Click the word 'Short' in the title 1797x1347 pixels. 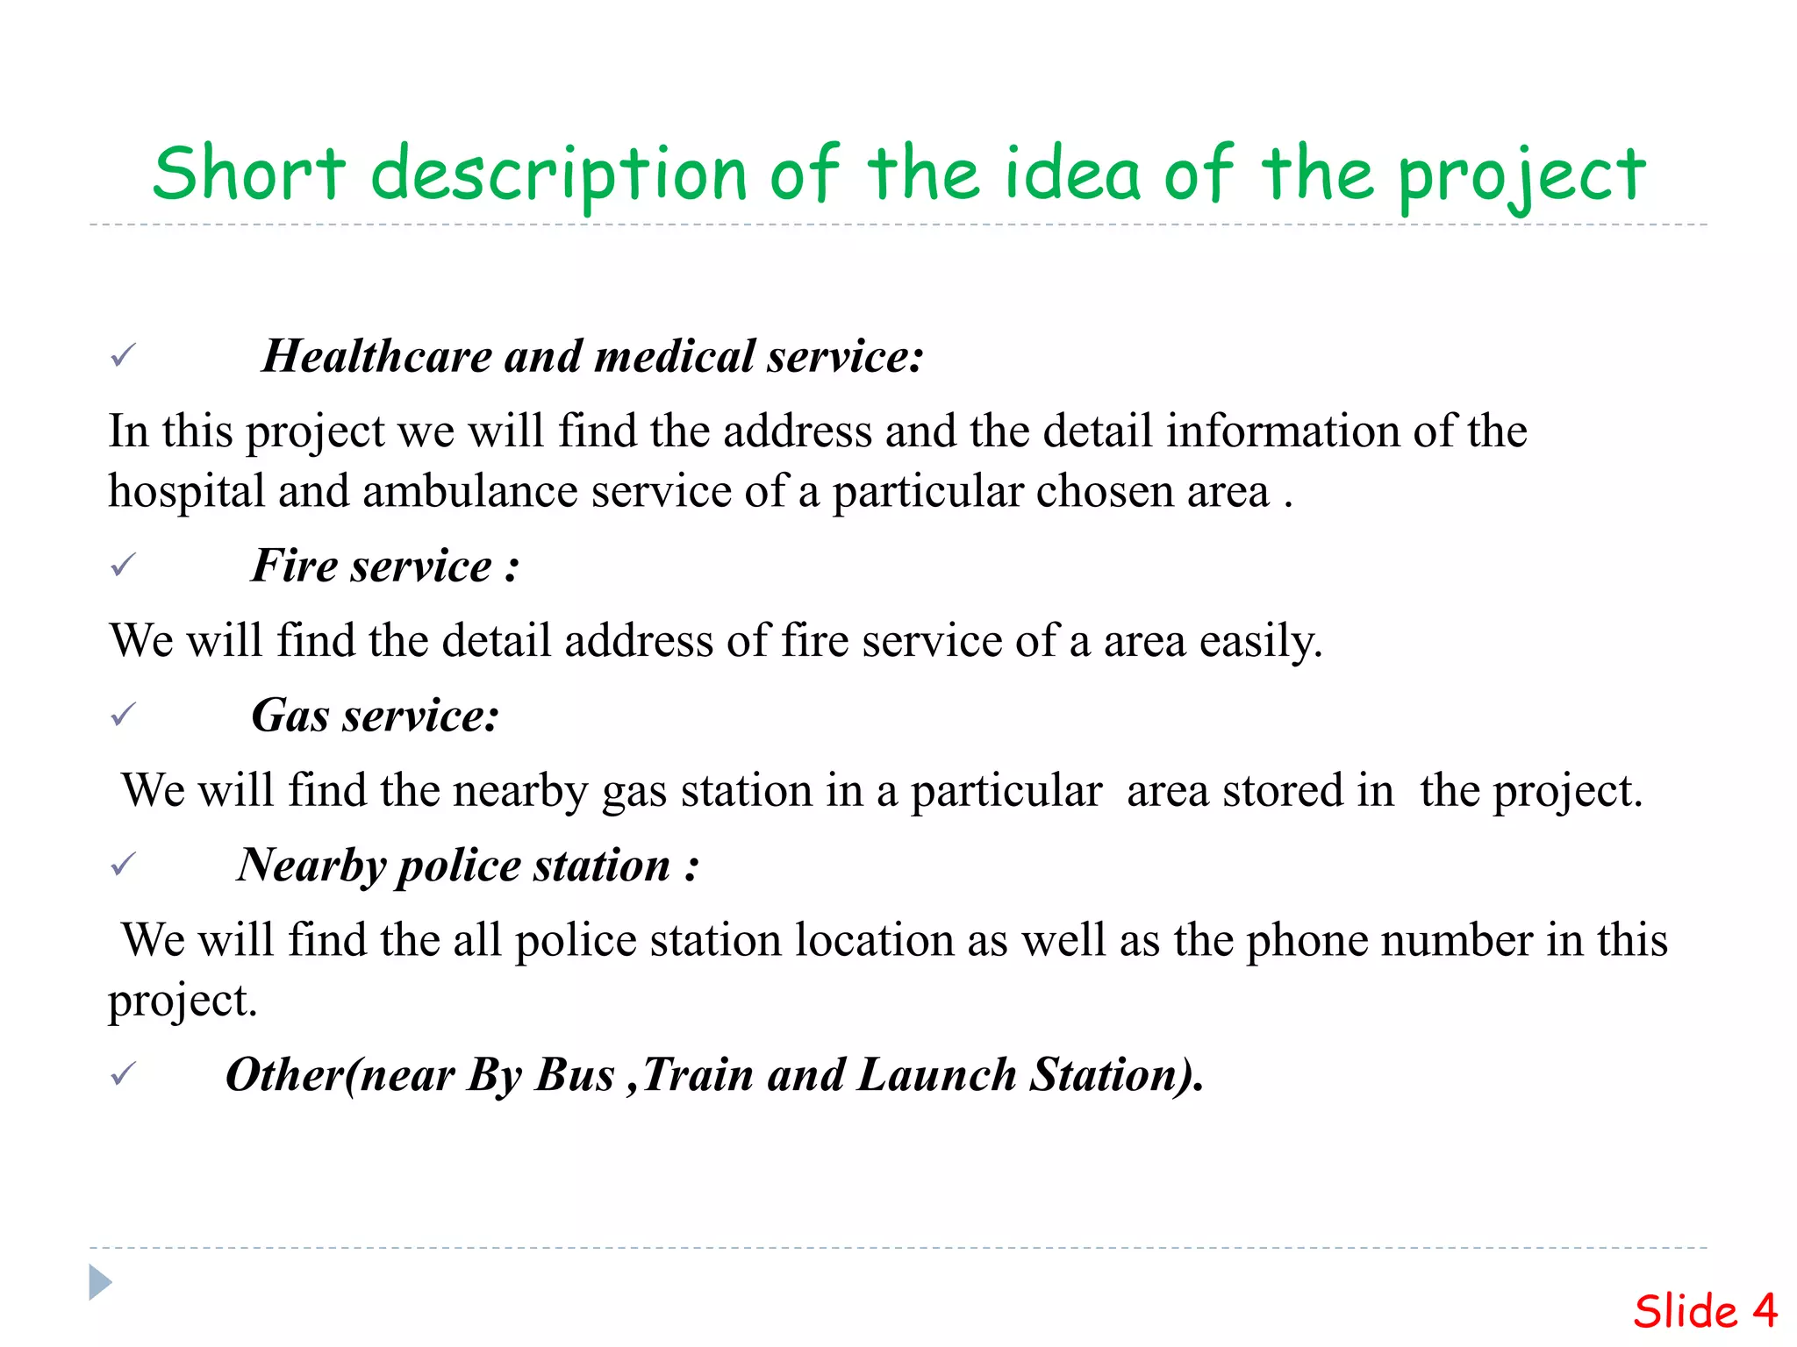[249, 174]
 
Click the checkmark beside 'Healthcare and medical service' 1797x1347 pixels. [123, 356]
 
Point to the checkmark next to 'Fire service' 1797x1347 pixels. [123, 566]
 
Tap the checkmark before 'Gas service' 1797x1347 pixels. [123, 716]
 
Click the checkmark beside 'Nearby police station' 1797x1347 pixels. [123, 866]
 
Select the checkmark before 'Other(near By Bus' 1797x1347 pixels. [123, 1074]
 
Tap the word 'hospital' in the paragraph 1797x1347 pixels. [186, 491]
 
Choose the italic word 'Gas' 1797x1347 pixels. [290, 716]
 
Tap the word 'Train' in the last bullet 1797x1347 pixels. [698, 1074]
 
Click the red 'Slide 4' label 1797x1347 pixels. [1704, 1311]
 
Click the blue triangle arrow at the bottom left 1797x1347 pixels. [100, 1282]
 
